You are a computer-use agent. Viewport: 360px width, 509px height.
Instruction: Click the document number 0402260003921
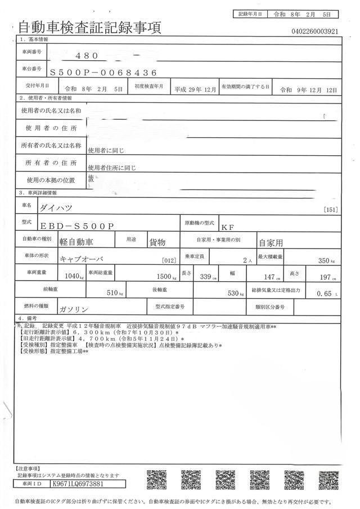click(314, 31)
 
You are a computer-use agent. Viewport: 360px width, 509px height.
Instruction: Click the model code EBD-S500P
click(76, 225)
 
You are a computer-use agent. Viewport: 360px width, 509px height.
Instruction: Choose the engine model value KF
click(227, 227)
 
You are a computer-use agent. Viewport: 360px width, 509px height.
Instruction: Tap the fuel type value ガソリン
click(73, 309)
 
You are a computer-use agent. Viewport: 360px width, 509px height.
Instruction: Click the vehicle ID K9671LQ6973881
click(76, 483)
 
